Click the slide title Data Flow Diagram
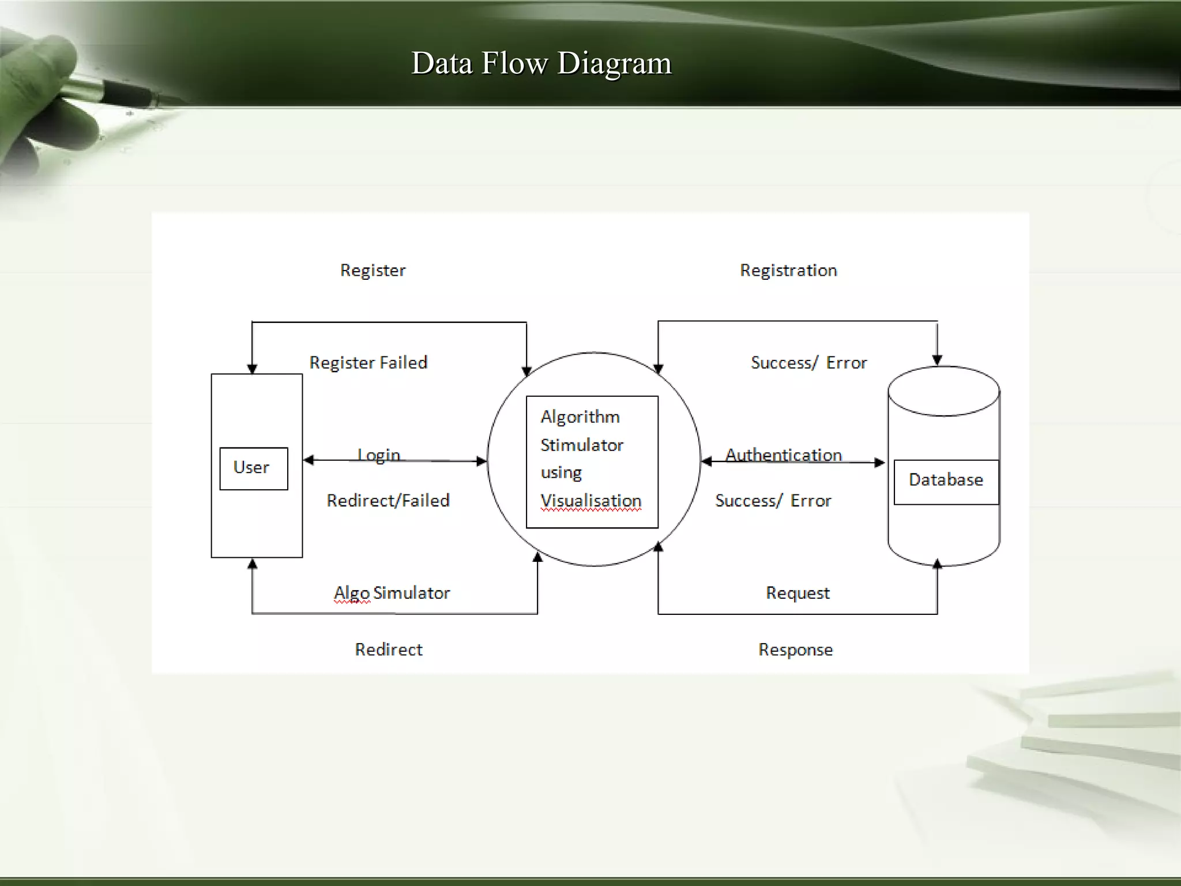(x=541, y=63)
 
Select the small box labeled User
(x=253, y=468)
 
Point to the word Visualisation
(x=590, y=501)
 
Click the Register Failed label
(x=368, y=363)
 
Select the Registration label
(x=788, y=271)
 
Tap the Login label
(x=378, y=455)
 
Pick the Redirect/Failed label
(x=388, y=501)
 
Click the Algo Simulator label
(x=392, y=593)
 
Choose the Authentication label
(x=783, y=455)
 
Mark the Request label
(x=798, y=593)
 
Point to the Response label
(x=795, y=650)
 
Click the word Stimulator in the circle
(x=582, y=445)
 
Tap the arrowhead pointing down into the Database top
(x=937, y=360)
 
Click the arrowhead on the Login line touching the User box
(x=309, y=460)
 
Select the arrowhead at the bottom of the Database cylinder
(x=937, y=564)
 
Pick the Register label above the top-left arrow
(x=373, y=271)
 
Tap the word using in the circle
(x=561, y=473)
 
